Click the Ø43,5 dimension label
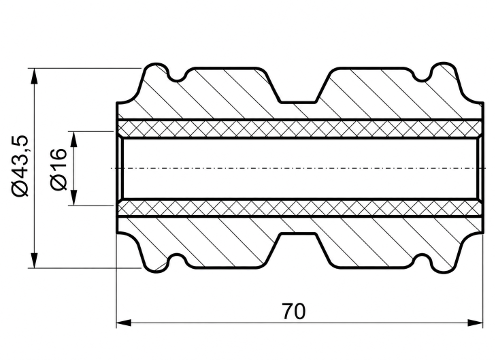(x=21, y=166)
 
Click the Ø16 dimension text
(x=59, y=169)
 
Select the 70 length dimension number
(x=294, y=311)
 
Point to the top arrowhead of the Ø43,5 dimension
(x=34, y=76)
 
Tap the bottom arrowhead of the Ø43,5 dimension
(x=34, y=261)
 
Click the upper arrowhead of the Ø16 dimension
(x=73, y=140)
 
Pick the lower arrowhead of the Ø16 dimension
(x=73, y=197)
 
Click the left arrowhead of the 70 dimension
(x=124, y=323)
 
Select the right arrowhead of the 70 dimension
(x=476, y=323)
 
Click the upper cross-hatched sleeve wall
(x=300, y=129)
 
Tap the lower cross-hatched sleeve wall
(x=300, y=208)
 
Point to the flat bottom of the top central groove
(x=298, y=102)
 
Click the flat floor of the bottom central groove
(x=298, y=234)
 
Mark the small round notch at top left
(x=177, y=76)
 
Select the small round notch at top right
(x=422, y=76)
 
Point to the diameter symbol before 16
(x=59, y=182)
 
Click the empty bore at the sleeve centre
(x=300, y=168)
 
